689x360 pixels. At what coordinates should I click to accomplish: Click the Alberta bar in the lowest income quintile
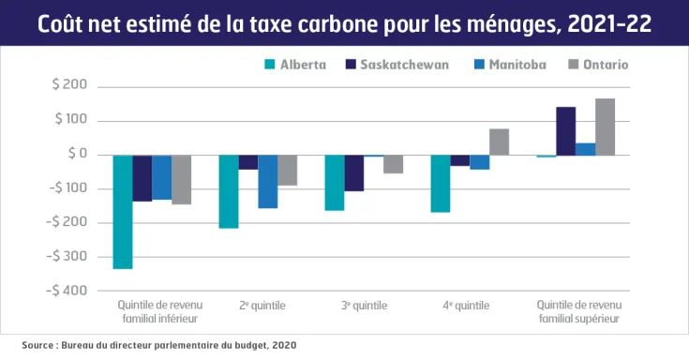(123, 212)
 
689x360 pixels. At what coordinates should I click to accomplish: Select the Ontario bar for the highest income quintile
(606, 127)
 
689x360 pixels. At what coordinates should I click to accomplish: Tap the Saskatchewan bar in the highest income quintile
(565, 131)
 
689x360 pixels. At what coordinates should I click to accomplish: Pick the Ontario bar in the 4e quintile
(499, 142)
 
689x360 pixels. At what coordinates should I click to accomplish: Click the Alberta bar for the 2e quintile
(229, 191)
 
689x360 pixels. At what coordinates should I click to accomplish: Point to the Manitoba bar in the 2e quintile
(268, 181)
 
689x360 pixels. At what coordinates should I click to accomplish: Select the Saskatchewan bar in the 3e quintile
(353, 172)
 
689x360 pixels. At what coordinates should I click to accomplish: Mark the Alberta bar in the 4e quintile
(440, 184)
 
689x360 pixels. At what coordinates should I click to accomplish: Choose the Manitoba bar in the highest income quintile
(585, 149)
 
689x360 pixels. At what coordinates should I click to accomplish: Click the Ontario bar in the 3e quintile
(393, 164)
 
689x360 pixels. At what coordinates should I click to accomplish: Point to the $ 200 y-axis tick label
(69, 86)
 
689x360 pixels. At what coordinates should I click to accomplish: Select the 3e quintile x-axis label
(364, 306)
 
